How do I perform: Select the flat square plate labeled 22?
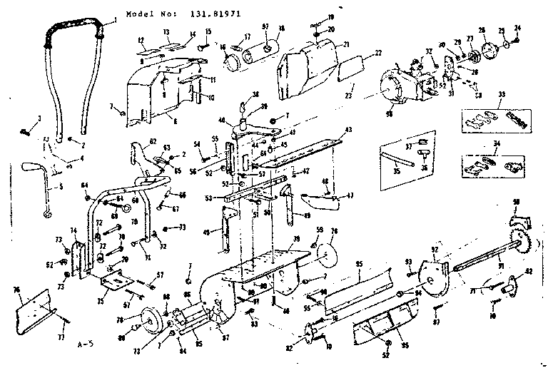[348, 71]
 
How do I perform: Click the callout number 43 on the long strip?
[348, 129]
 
